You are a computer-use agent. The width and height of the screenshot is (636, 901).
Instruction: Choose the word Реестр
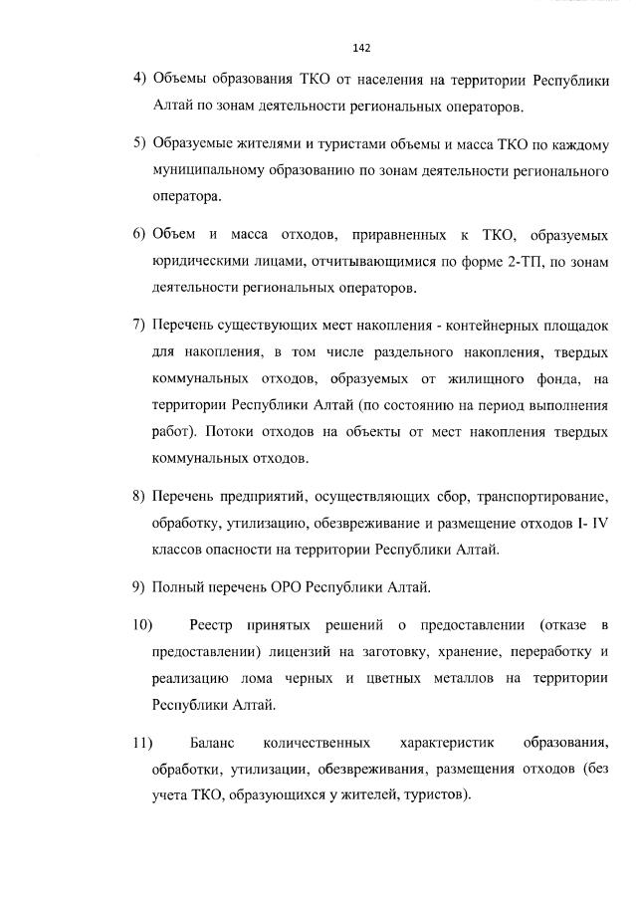pyautogui.click(x=211, y=624)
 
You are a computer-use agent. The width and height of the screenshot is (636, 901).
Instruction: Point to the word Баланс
pyautogui.click(x=212, y=743)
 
